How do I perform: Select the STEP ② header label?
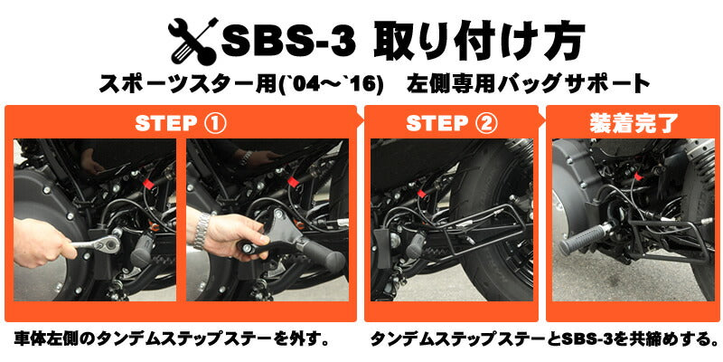click(x=449, y=123)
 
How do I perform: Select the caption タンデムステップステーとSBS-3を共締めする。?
click(x=545, y=342)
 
